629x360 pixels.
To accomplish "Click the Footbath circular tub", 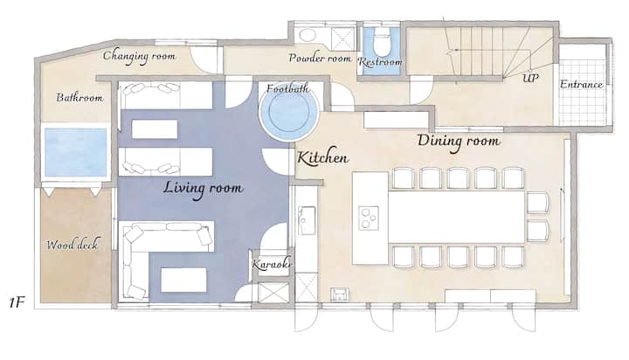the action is [289, 111].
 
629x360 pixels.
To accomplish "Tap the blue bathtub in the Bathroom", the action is [75, 152].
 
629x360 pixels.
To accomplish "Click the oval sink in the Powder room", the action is [308, 35].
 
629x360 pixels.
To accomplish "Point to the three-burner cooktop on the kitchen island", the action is [369, 218].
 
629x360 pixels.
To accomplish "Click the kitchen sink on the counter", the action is [306, 220].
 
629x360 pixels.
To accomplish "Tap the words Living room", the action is [203, 189].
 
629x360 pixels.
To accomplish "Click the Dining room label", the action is [459, 142].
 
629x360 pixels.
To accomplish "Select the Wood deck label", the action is [72, 244].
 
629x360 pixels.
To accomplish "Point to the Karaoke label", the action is [272, 264].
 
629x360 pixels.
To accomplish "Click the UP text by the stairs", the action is [530, 78].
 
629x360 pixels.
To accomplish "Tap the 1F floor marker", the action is [17, 302].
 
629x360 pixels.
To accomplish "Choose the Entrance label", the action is [581, 85].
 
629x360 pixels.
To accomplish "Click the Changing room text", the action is [139, 56].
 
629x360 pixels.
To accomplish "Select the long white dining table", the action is [456, 217].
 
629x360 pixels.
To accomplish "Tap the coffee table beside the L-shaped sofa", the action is [183, 280].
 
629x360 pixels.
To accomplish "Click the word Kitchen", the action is [323, 158].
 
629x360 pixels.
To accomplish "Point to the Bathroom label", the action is [79, 97].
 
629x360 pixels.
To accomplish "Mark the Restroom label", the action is [380, 62].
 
